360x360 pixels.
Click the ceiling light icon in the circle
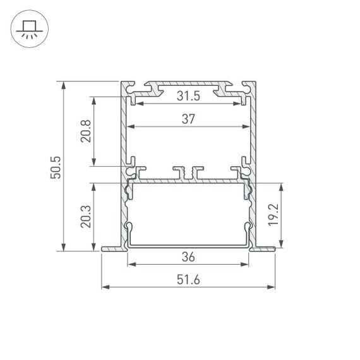[27, 30]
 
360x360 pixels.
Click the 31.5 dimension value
[188, 96]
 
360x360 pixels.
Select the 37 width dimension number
[188, 119]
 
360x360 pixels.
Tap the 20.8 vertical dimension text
[86, 131]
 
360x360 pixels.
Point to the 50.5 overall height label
[56, 166]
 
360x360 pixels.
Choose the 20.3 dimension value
[86, 216]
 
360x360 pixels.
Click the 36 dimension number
[188, 257]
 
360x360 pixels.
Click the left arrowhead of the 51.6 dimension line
[103, 288]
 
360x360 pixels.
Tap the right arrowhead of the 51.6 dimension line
[275, 288]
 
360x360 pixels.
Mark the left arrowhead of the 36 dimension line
[131, 265]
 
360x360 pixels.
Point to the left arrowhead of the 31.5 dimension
[138, 103]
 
